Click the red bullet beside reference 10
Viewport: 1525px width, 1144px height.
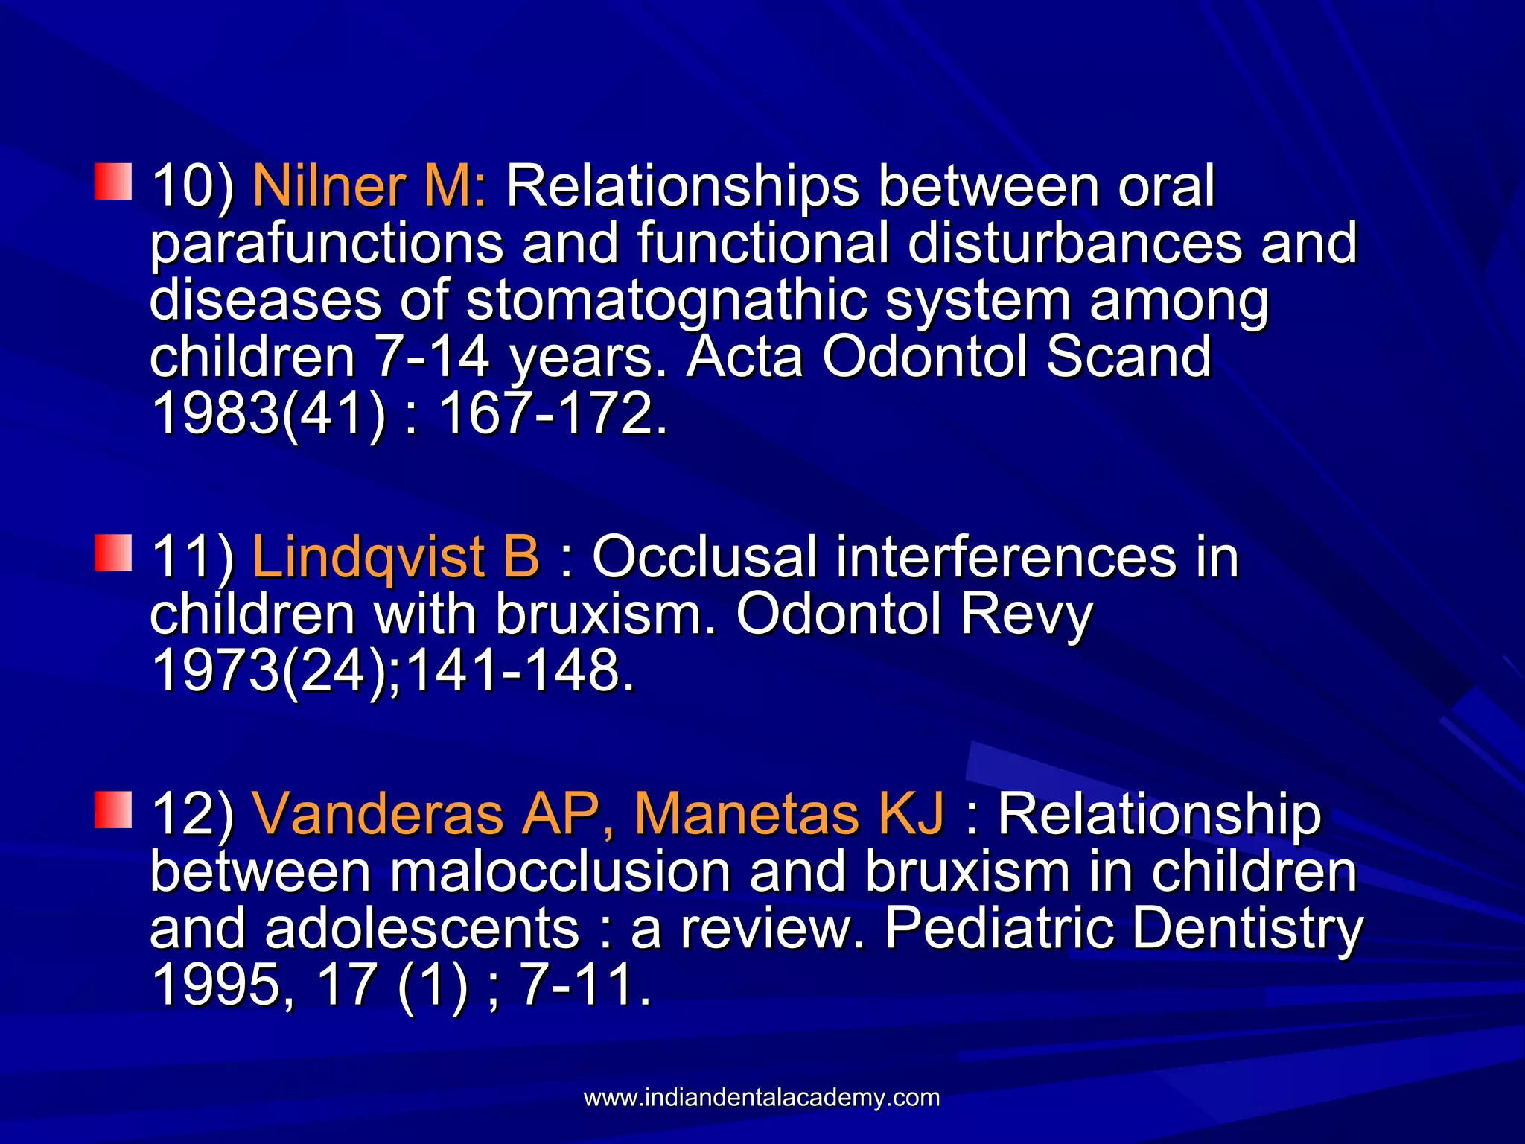(x=114, y=182)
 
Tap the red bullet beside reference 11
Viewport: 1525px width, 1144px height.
(x=114, y=553)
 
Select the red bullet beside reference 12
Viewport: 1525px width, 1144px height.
(x=114, y=810)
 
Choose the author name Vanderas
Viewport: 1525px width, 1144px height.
(x=378, y=813)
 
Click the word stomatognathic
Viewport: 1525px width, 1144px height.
(x=666, y=301)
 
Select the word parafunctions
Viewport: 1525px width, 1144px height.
(x=327, y=244)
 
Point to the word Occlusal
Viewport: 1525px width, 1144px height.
(x=704, y=556)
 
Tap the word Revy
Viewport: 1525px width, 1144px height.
(x=1025, y=615)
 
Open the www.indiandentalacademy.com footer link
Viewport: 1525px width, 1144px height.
(x=762, y=1097)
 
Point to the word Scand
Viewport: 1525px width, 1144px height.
(x=1129, y=357)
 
